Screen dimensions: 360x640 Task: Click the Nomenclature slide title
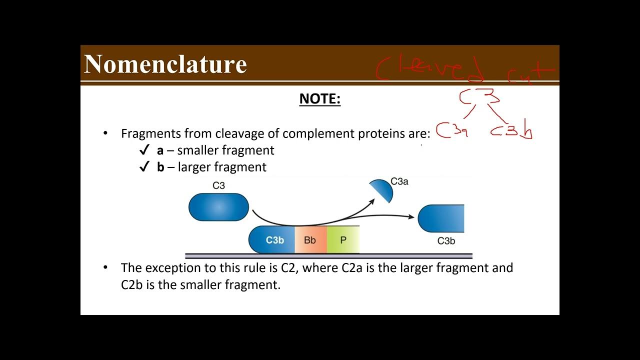pyautogui.click(x=165, y=64)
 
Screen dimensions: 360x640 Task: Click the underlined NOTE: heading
pyautogui.click(x=319, y=99)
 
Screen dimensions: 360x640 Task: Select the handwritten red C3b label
pyautogui.click(x=511, y=131)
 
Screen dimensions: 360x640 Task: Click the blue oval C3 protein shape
pyautogui.click(x=218, y=207)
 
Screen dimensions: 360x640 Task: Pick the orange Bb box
pyautogui.click(x=310, y=240)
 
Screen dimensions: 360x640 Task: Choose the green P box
pyautogui.click(x=343, y=240)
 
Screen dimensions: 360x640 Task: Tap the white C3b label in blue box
pyautogui.click(x=274, y=240)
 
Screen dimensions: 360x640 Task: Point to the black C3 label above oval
pyautogui.click(x=218, y=185)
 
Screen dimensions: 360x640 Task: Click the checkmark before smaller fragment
pyautogui.click(x=144, y=150)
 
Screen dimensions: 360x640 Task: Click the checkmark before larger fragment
pyautogui.click(x=144, y=167)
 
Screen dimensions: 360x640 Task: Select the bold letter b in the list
pyautogui.click(x=160, y=167)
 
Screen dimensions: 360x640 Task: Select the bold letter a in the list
pyautogui.click(x=160, y=150)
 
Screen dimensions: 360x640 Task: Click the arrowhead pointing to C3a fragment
pyautogui.click(x=372, y=201)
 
